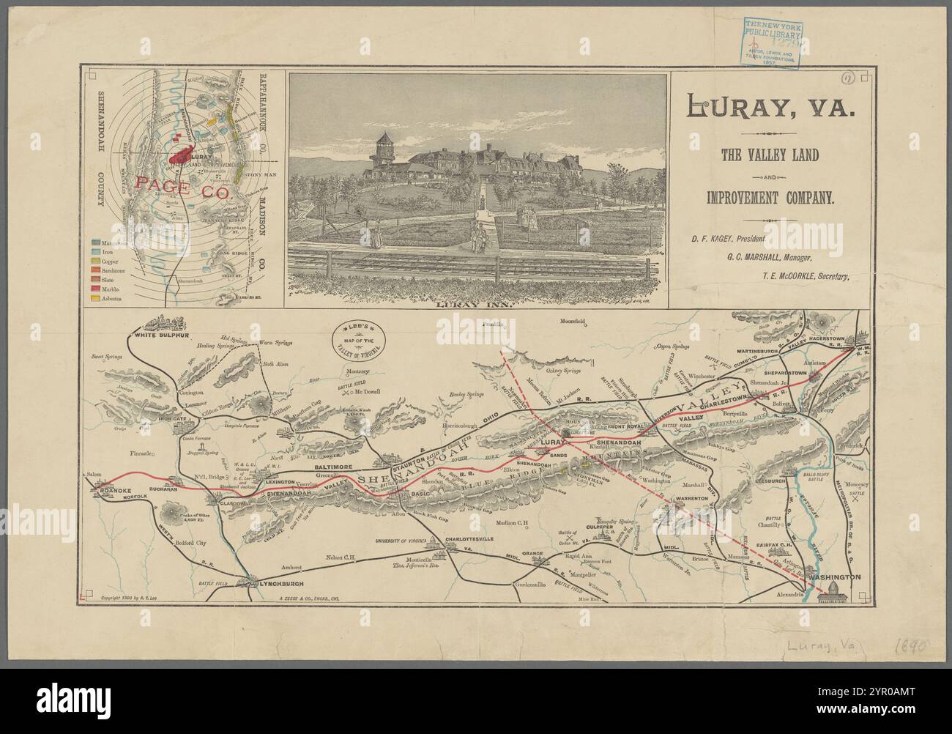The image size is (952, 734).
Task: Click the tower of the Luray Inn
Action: coord(384,148)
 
